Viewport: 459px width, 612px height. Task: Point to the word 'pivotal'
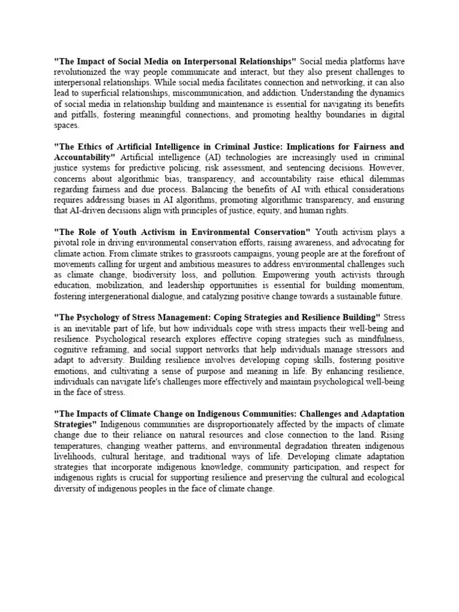pyautogui.click(x=68, y=242)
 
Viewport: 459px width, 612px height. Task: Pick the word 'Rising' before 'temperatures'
pyautogui.click(x=390, y=434)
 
